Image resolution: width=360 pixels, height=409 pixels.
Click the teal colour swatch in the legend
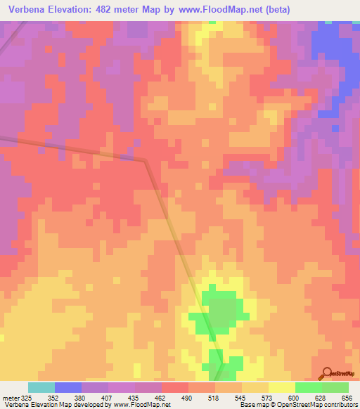coord(41,387)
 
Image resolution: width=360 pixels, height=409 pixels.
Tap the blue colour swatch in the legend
coord(67,387)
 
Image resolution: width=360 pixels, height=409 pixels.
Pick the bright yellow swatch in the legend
coord(281,387)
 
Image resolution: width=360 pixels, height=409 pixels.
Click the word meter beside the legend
coord(10,397)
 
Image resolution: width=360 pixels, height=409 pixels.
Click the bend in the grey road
coord(146,161)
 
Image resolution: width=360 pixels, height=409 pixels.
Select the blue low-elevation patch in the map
coord(336,42)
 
